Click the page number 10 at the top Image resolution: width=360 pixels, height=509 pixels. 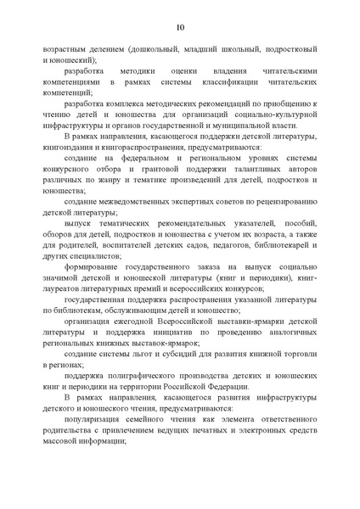(x=180, y=28)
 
